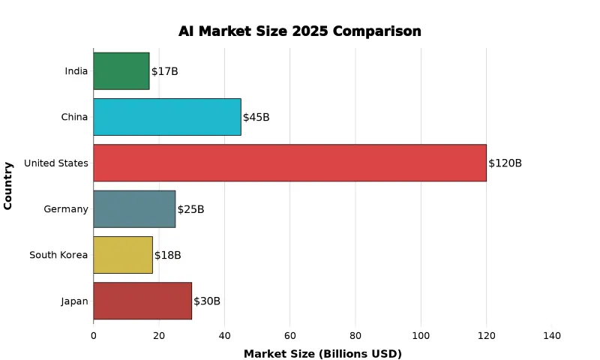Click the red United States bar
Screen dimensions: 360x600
tap(289, 163)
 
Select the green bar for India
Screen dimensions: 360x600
tap(121, 71)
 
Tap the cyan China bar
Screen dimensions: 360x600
tap(167, 117)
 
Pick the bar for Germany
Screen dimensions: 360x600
tap(134, 209)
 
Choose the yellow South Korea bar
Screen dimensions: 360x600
tap(123, 255)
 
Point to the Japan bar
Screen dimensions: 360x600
tap(142, 301)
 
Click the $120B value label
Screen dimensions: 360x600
tap(505, 163)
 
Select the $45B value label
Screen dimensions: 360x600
tap(256, 118)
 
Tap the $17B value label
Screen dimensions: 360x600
tap(164, 71)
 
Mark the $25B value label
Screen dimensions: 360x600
tap(190, 209)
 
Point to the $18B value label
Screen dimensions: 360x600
tap(167, 256)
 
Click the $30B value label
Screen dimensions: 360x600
tap(207, 301)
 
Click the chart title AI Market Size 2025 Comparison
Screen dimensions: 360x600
tap(300, 31)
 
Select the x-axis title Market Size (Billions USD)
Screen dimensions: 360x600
tap(322, 354)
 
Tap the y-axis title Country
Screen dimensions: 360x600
tap(8, 185)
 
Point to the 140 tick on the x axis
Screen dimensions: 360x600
tap(551, 336)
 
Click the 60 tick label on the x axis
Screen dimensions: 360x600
tap(289, 336)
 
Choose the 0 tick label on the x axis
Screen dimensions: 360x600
tap(94, 336)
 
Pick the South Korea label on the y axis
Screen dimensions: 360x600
tap(58, 256)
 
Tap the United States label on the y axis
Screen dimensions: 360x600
tap(56, 163)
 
